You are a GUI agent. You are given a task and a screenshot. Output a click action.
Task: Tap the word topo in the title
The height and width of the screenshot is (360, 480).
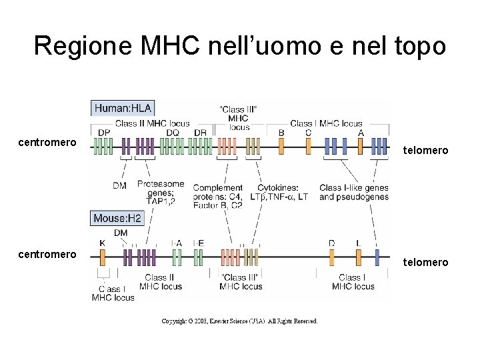click(420, 45)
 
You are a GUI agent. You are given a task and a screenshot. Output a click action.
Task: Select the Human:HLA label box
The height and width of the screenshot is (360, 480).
click(123, 107)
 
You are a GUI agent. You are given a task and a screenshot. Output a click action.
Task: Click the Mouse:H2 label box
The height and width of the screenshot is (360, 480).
click(117, 218)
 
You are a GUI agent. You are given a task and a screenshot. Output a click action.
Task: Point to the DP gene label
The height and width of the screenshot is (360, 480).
click(104, 133)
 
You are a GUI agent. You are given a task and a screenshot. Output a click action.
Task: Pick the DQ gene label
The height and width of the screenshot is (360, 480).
click(173, 133)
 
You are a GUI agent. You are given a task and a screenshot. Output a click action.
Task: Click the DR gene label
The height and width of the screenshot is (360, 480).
click(200, 133)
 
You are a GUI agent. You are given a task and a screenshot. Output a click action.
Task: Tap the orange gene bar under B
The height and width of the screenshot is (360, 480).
click(281, 146)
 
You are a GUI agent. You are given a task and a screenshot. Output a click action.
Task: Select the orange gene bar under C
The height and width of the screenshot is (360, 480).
click(308, 146)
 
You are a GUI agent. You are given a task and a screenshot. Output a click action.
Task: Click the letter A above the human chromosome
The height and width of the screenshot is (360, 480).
click(361, 133)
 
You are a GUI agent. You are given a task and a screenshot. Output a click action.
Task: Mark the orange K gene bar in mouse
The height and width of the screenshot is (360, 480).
click(102, 257)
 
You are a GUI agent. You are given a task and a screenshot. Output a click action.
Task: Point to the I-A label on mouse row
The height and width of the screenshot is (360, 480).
click(177, 243)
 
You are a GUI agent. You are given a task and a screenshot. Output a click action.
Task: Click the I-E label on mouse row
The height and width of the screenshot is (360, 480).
click(198, 243)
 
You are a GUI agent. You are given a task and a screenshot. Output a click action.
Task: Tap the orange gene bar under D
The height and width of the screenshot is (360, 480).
click(331, 257)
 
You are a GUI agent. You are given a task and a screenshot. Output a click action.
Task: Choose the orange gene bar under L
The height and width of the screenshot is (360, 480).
click(358, 257)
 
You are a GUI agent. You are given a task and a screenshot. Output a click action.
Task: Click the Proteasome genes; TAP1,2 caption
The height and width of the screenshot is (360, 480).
click(160, 192)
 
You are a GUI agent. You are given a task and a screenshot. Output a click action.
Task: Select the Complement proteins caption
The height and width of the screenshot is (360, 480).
click(218, 197)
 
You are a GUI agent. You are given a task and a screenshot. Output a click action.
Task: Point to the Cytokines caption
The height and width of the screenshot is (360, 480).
click(283, 192)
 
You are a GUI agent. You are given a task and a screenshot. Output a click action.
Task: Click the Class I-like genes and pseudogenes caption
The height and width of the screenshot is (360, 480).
click(353, 192)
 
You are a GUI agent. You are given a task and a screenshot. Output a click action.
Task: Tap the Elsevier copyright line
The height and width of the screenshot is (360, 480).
click(240, 321)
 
